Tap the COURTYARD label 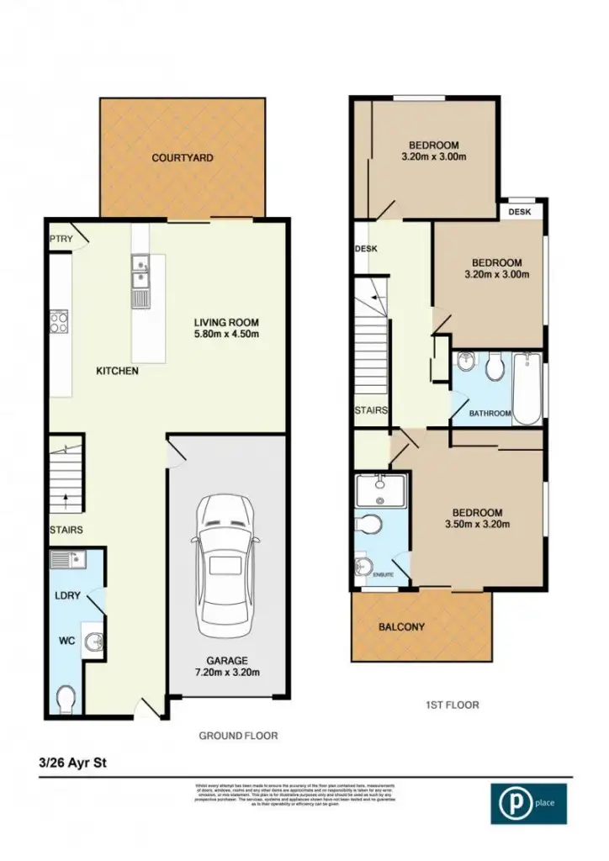[183, 157]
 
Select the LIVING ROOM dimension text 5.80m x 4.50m [226, 334]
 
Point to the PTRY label [61, 240]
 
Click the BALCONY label [401, 626]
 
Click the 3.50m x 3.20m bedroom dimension [477, 525]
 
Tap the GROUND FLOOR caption [238, 735]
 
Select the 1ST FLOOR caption [452, 705]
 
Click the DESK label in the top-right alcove [520, 212]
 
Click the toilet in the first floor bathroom [496, 367]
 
